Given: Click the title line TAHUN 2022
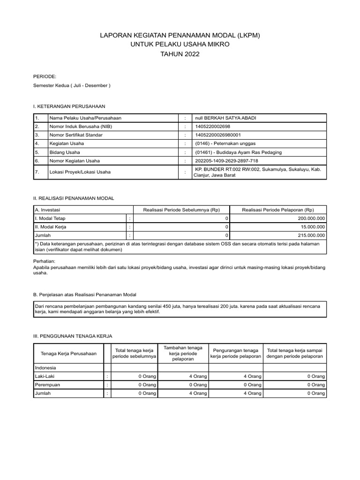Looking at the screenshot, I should pyautogui.click(x=180, y=54).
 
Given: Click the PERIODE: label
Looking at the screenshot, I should pyautogui.click(x=45, y=76).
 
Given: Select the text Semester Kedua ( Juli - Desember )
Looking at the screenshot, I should pyautogui.click(x=72, y=86).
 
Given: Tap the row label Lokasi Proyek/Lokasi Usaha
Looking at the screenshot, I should pyautogui.click(x=80, y=172).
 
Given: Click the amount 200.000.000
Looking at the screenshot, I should pyautogui.click(x=311, y=218).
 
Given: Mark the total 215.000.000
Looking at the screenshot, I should pyautogui.click(x=311, y=235).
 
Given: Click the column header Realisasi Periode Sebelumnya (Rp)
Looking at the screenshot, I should pyautogui.click(x=181, y=210).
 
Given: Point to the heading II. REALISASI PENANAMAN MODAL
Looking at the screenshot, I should pyautogui.click(x=74, y=199).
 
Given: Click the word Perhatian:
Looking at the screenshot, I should pyautogui.click(x=45, y=260).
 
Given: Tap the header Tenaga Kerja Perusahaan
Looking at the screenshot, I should pyautogui.click(x=69, y=353).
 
